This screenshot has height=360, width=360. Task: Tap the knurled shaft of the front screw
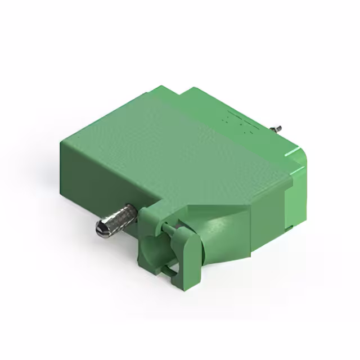(120, 217)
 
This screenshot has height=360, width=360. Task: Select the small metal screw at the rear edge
(278, 130)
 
